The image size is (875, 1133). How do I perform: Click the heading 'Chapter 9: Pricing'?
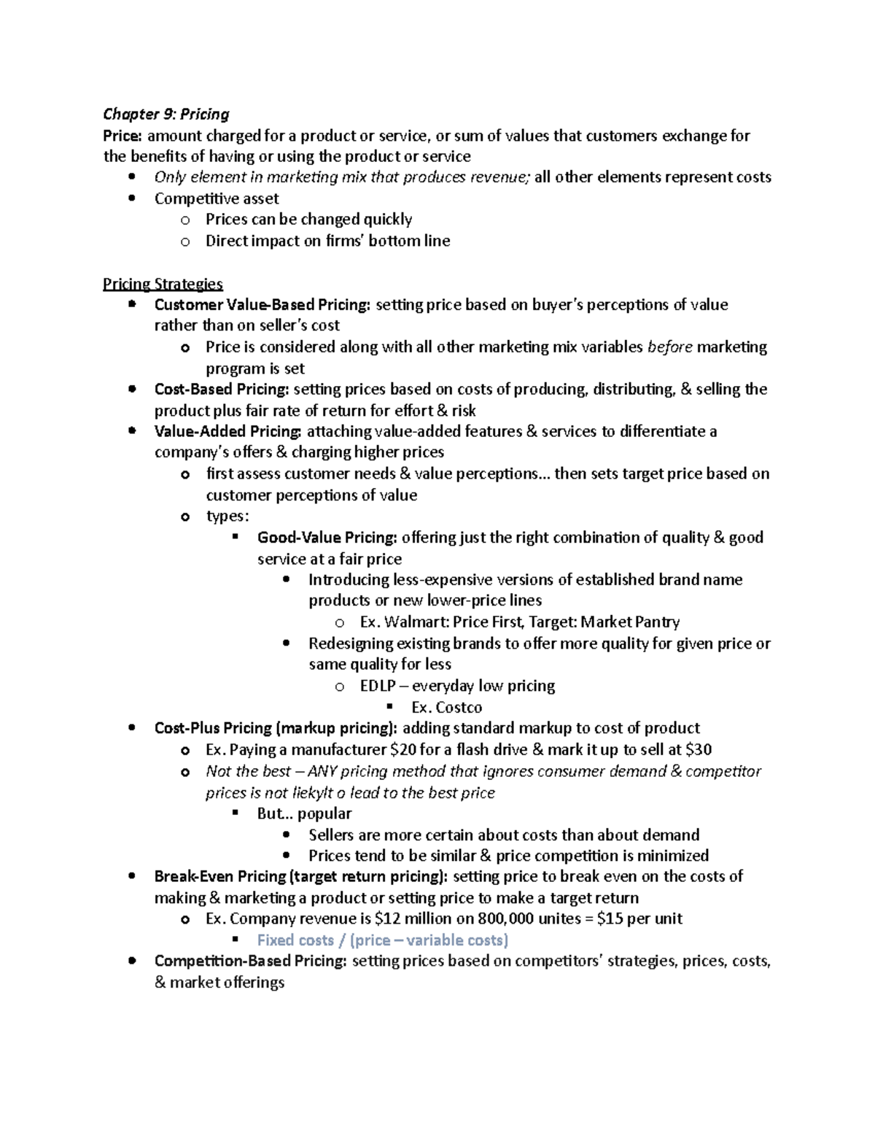click(166, 114)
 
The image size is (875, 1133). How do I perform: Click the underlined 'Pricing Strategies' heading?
click(163, 284)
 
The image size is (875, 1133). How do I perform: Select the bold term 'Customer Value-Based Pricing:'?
click(262, 305)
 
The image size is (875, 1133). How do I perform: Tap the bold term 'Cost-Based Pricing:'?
click(222, 390)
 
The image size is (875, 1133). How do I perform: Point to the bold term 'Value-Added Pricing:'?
click(227, 432)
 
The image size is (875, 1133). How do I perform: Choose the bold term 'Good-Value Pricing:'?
click(327, 538)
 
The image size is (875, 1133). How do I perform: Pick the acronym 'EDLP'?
click(378, 687)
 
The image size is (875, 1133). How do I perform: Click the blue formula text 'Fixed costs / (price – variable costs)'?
click(383, 940)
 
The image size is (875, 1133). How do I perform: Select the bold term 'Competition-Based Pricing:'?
click(250, 962)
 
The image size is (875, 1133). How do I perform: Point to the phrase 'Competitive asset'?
click(217, 199)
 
